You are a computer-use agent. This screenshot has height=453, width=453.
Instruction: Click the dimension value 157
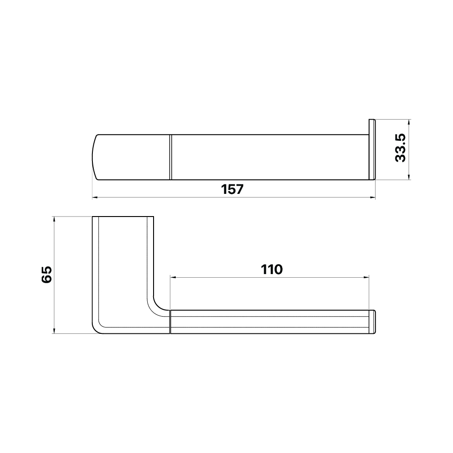(233, 189)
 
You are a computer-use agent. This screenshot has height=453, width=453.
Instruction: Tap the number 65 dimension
(47, 275)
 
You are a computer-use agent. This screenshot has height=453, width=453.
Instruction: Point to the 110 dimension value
(271, 270)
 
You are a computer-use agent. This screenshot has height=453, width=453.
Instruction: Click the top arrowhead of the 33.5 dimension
(409, 122)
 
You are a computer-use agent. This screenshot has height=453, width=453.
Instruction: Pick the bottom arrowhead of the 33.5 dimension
(409, 178)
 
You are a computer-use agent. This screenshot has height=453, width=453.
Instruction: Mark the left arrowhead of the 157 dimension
(95, 198)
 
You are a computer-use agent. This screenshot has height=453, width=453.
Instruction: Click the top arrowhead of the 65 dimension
(54, 219)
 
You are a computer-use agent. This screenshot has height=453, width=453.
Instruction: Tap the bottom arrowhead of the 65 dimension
(54, 332)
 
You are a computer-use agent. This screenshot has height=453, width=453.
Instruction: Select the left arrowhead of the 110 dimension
(173, 277)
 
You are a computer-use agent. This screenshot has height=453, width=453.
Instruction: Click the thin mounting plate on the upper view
(372, 149)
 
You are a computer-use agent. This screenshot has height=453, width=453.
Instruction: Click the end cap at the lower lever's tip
(374, 322)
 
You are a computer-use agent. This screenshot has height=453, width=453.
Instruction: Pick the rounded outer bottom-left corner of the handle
(97, 328)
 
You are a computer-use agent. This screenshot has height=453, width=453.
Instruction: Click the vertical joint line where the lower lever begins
(170, 322)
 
